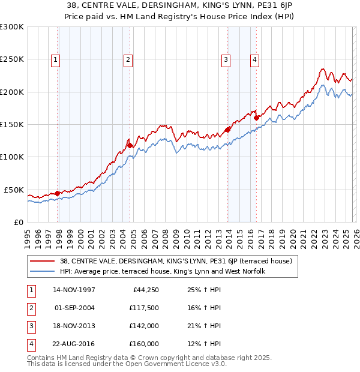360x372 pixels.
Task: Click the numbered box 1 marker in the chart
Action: pyautogui.click(x=55, y=59)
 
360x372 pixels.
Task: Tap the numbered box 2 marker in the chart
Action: pyautogui.click(x=128, y=59)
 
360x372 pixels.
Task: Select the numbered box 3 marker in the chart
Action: pyautogui.click(x=226, y=59)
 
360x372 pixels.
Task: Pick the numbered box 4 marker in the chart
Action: pyautogui.click(x=255, y=59)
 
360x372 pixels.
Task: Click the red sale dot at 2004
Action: pyautogui.click(x=130, y=145)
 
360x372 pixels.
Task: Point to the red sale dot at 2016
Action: pyautogui.click(x=256, y=118)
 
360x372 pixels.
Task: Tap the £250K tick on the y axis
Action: pyautogui.click(x=12, y=59)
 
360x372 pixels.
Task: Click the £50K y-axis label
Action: pyautogui.click(x=14, y=190)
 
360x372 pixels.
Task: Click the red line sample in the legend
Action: pyautogui.click(x=43, y=262)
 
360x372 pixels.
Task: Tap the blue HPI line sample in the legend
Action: pyautogui.click(x=43, y=272)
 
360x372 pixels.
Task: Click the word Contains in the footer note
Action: pyautogui.click(x=41, y=358)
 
